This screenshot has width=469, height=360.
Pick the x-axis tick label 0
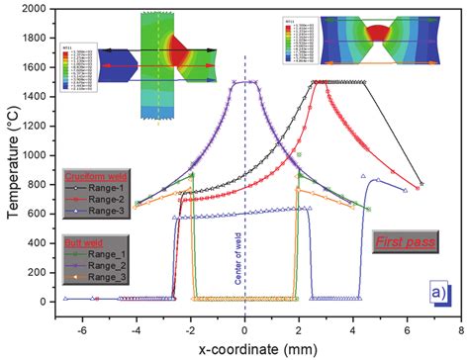coord(245,320)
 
